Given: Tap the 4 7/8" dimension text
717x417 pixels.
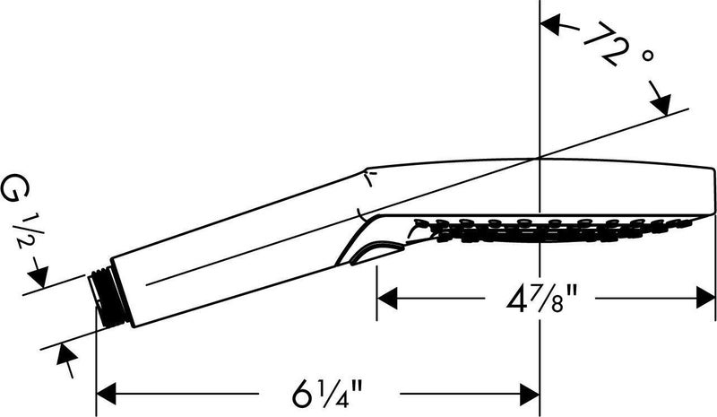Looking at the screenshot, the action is click(540, 299).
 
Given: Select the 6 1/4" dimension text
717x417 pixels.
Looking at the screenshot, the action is click(327, 392).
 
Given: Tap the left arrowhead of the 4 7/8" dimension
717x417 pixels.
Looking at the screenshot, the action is click(387, 299).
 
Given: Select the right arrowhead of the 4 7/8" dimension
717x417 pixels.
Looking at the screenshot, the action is click(704, 299).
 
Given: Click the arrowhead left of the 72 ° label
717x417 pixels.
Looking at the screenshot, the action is click(551, 25).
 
